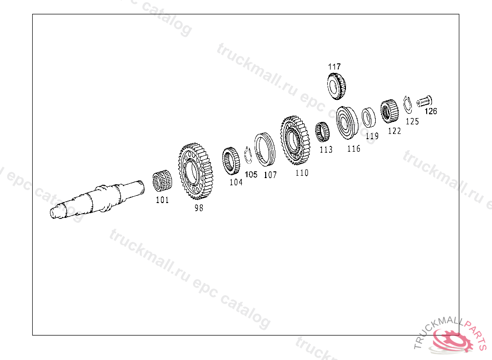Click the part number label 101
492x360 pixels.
[162, 200]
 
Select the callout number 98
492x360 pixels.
[198, 208]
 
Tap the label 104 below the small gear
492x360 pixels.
[236, 182]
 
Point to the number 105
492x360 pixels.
[251, 174]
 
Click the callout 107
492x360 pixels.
[270, 175]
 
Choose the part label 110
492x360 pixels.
[302, 173]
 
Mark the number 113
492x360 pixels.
[326, 150]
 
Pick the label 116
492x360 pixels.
[354, 149]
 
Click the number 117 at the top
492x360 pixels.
[334, 67]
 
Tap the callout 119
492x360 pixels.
[372, 136]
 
